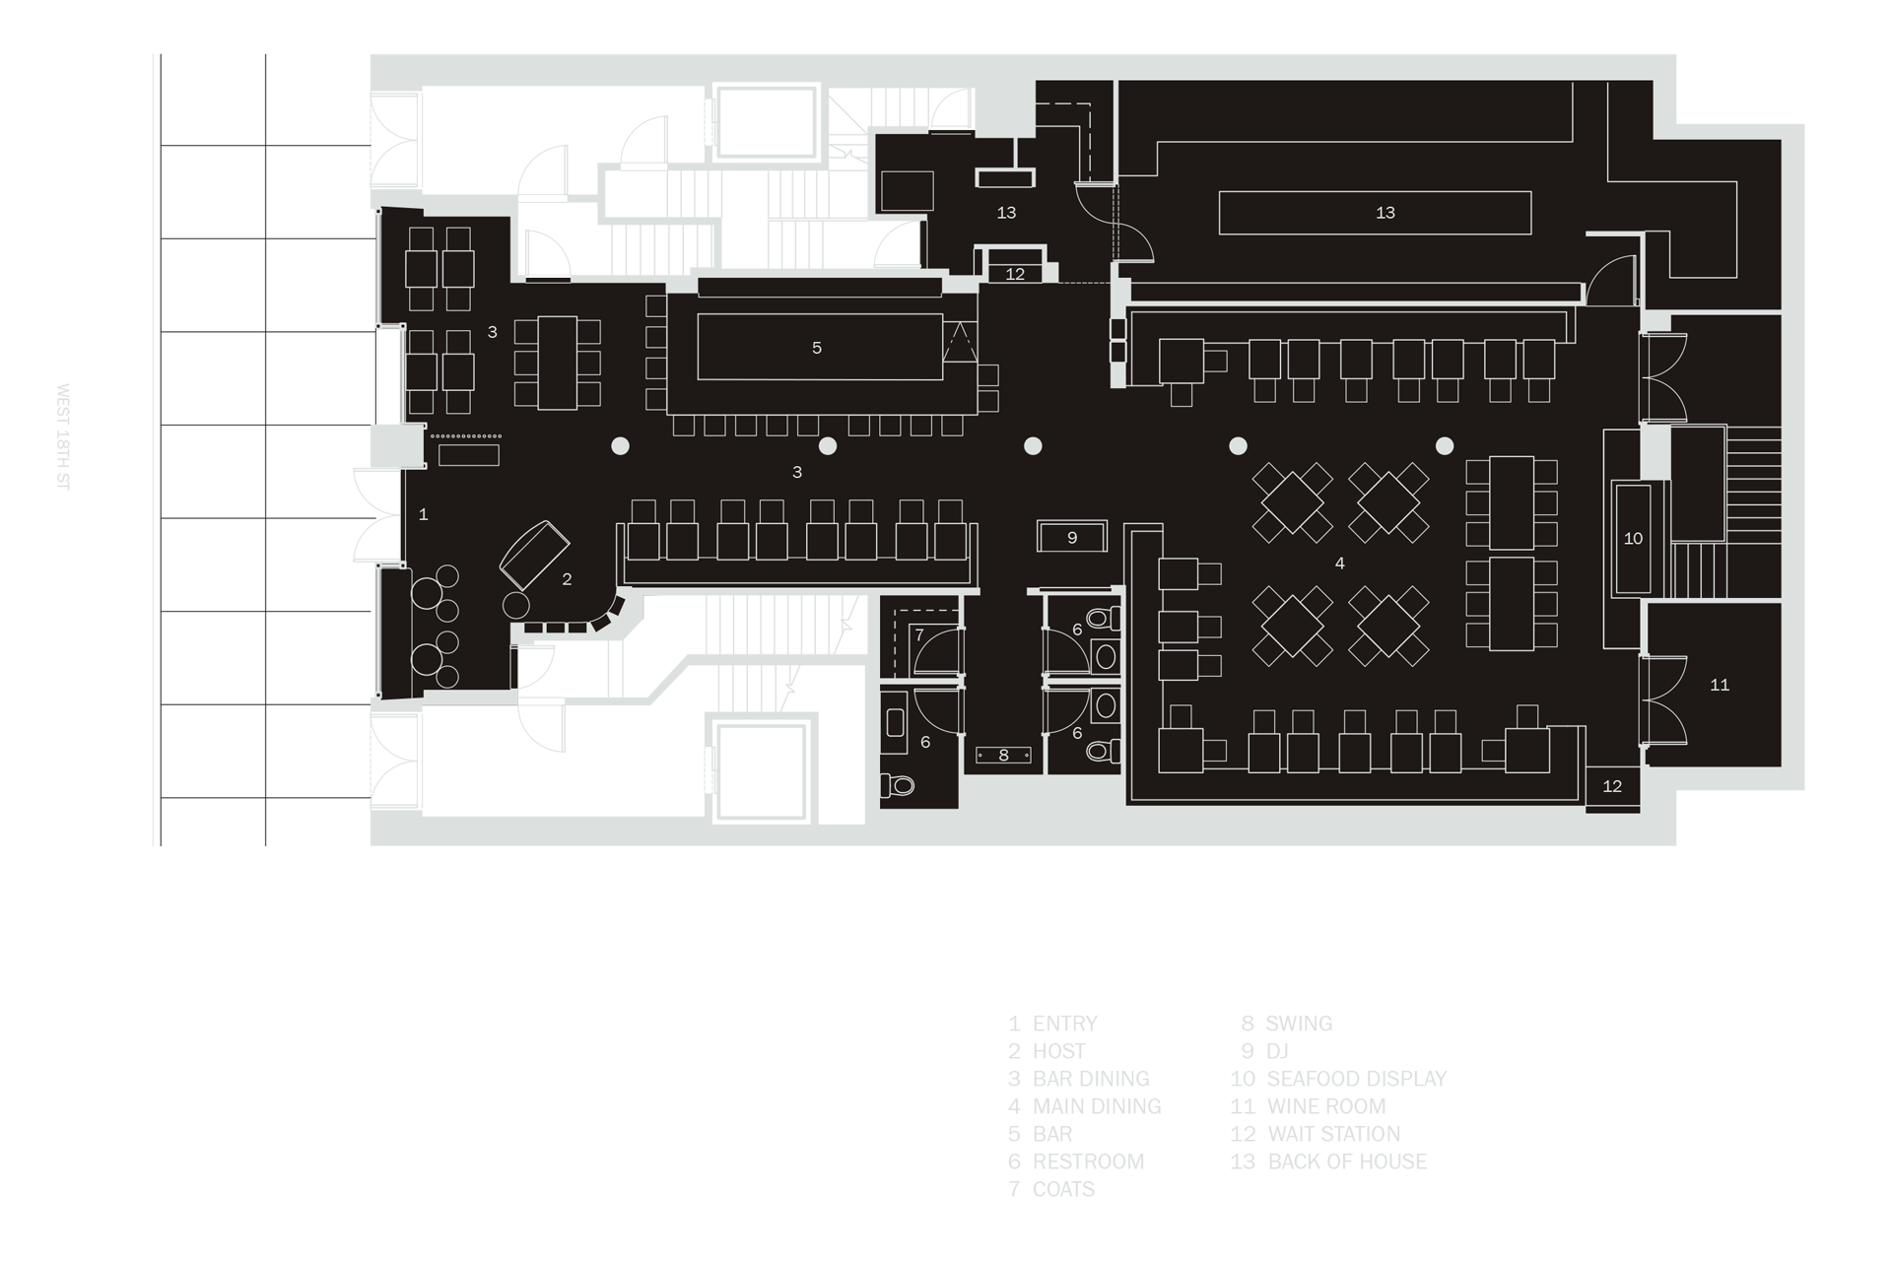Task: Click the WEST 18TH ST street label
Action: [63, 436]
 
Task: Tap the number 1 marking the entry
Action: [424, 514]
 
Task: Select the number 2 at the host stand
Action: [567, 579]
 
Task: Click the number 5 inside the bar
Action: [817, 348]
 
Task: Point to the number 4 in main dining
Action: [1339, 564]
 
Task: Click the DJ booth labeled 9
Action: [1072, 537]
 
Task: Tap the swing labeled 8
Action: [1004, 756]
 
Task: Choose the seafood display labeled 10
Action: [1632, 538]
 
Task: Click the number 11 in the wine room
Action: [1720, 685]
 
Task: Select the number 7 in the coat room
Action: [919, 635]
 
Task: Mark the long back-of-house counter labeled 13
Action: [1375, 213]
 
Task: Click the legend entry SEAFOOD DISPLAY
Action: [1356, 1079]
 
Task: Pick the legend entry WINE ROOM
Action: [1326, 1106]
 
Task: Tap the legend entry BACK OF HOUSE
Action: [1347, 1161]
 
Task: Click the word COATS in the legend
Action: [1063, 1189]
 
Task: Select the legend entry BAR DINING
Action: [1091, 1079]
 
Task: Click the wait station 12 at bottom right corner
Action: [1612, 787]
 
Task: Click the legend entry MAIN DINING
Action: [1097, 1106]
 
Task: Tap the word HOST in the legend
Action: [1058, 1051]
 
